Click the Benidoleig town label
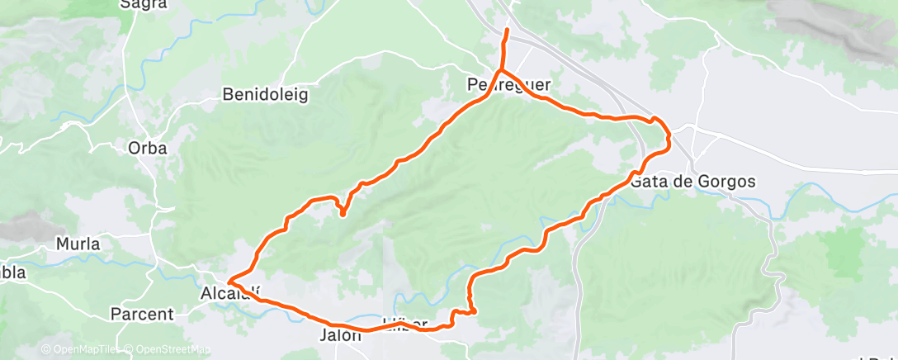click(265, 95)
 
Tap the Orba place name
click(148, 149)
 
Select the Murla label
click(78, 244)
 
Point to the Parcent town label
click(142, 315)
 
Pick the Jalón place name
click(340, 336)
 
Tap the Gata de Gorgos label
click(692, 182)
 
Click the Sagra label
click(139, 4)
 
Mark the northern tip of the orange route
click(507, 31)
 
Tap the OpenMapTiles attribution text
click(80, 349)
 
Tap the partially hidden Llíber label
click(404, 321)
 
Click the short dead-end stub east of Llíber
click(475, 311)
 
